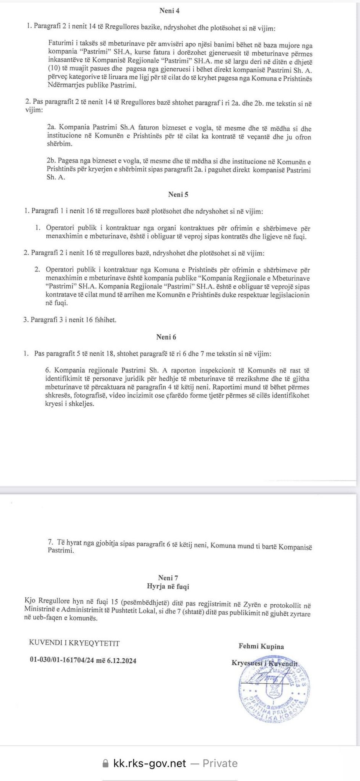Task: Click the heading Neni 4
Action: point(169,11)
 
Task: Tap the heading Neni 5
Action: point(178,195)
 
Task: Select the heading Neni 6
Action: point(166,337)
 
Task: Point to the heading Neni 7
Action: point(168,578)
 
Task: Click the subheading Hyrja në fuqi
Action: point(168,586)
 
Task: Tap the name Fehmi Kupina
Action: point(261,646)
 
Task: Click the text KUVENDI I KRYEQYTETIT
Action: point(75,643)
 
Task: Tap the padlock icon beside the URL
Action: point(106,764)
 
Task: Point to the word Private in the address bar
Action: point(220,763)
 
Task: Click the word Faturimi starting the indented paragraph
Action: point(61,44)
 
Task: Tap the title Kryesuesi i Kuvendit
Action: point(264,663)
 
